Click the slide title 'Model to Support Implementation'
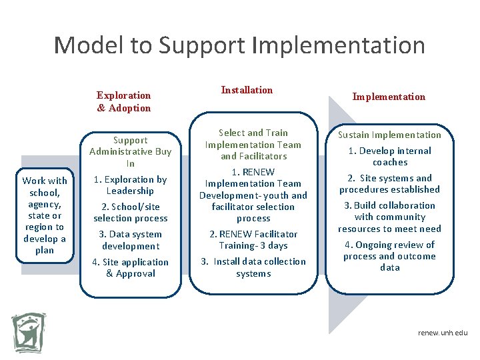239,45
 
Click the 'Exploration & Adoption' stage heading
124,101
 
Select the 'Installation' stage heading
247,90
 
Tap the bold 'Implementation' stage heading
389,97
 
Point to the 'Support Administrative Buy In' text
131,151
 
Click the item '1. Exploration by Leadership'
130,185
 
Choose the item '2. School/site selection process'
131,213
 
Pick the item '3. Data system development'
131,240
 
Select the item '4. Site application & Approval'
131,267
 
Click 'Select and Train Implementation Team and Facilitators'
253,145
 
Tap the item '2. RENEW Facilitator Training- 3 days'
253,240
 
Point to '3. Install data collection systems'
253,267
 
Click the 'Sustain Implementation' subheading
389,135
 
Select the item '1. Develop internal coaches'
390,156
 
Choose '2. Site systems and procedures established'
389,183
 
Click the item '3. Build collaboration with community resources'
389,217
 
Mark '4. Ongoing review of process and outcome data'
389,256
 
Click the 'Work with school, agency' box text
45,215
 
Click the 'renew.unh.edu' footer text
443,333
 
